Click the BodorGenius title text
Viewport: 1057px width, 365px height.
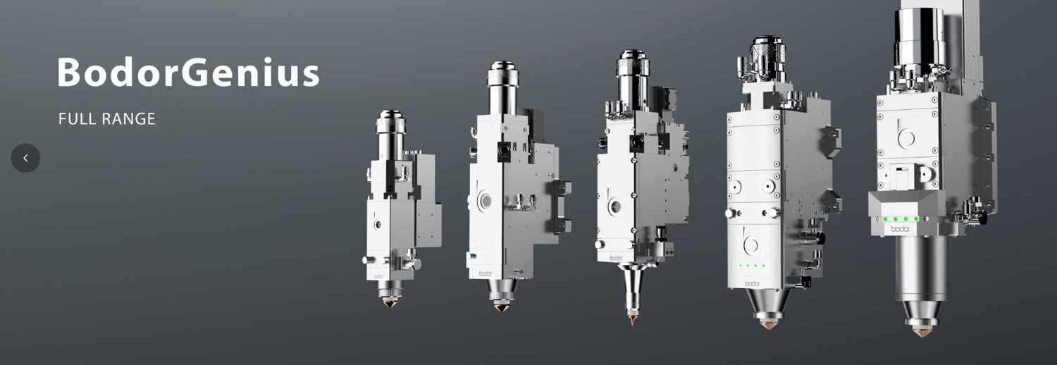coord(188,72)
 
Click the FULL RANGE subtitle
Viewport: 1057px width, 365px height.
coord(106,119)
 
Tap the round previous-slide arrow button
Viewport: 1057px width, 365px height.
coord(25,158)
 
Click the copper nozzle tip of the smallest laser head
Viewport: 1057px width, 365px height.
coord(389,303)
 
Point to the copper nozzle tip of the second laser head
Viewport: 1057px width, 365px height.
coord(501,307)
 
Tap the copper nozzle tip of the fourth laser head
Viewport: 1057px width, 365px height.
coord(768,324)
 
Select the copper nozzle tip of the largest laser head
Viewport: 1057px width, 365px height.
coord(921,332)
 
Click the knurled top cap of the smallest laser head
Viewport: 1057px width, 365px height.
coord(390,122)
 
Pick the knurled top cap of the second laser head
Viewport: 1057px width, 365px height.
coord(502,73)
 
